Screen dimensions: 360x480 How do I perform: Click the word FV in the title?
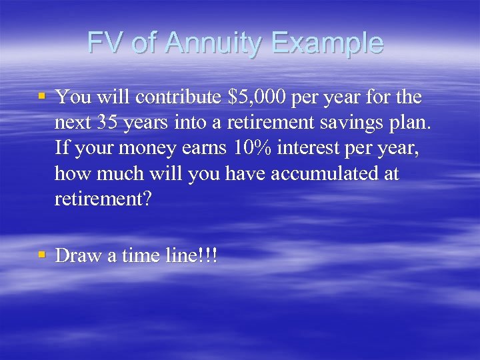pyautogui.click(x=106, y=43)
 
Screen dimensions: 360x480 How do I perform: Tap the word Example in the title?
pyautogui.click(x=327, y=43)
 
